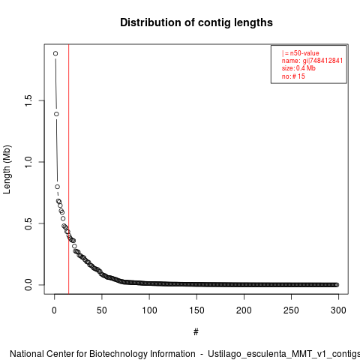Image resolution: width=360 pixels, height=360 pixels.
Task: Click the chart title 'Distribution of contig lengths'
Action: coord(196,22)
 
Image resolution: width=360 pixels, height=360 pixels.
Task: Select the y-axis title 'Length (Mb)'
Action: coord(7,169)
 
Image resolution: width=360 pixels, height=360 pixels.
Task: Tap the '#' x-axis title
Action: coord(196,332)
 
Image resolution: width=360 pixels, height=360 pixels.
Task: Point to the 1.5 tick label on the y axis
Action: coord(28,100)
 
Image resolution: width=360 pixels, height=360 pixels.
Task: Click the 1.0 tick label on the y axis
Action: coord(28,162)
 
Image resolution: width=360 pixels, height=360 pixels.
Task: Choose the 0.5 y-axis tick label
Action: coord(28,223)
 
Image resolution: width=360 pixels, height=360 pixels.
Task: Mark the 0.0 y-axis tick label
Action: coord(28,285)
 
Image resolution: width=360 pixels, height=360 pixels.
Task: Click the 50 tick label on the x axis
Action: coord(102,310)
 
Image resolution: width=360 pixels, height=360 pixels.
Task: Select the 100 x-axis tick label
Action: coord(149,310)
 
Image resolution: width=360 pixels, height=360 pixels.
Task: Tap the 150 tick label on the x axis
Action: coord(196,310)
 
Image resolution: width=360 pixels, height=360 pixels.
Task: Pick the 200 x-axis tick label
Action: coord(244,310)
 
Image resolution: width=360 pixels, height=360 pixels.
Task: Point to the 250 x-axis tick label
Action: coord(291,310)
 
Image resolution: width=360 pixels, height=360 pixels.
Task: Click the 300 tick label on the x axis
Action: coord(338,310)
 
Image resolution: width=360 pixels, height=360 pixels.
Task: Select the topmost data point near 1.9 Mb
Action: coord(55,53)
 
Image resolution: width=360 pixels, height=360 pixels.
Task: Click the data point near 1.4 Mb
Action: coord(56,114)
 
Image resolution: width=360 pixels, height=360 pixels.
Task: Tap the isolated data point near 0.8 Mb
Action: coord(58,187)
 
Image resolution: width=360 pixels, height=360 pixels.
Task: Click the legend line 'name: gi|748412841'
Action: coord(312,61)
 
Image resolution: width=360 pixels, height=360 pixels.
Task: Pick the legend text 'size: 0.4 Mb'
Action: coord(298,68)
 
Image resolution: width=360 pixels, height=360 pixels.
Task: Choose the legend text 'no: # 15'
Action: coord(293,76)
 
